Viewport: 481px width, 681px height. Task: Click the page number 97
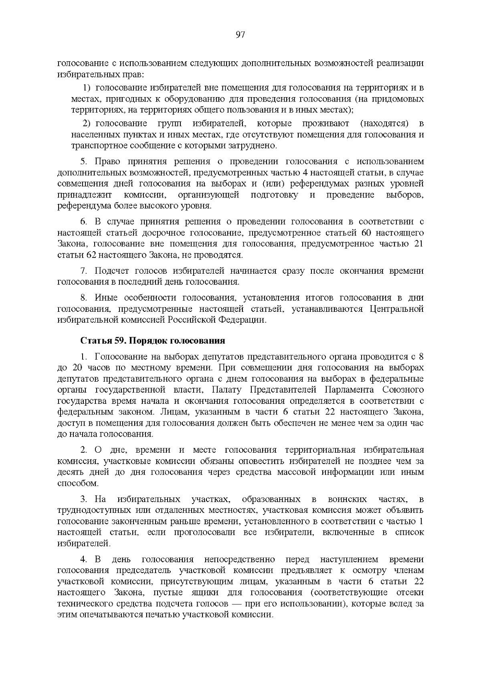click(x=240, y=35)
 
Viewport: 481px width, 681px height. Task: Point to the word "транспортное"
click(x=97, y=145)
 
